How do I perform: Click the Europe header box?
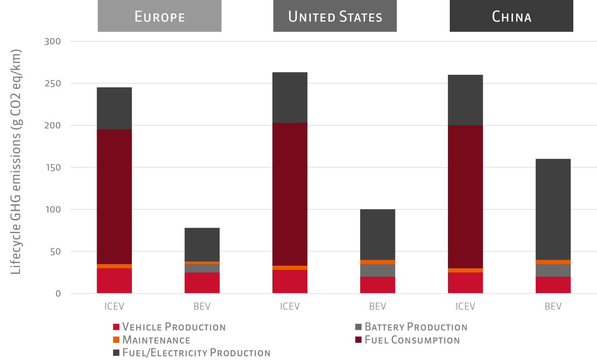pyautogui.click(x=159, y=17)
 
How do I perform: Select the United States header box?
pyautogui.click(x=335, y=17)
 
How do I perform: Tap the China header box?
pyautogui.click(x=511, y=17)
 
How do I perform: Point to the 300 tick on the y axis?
pyautogui.click(x=52, y=41)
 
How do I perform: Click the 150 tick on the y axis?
pyautogui.click(x=52, y=167)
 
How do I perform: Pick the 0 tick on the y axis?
pyautogui.click(x=58, y=294)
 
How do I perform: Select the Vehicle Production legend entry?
pyautogui.click(x=169, y=327)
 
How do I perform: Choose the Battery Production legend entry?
pyautogui.click(x=411, y=327)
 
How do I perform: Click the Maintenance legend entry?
pyautogui.click(x=152, y=340)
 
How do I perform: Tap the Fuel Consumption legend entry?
pyautogui.click(x=407, y=340)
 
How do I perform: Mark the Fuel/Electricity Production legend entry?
pyautogui.click(x=192, y=353)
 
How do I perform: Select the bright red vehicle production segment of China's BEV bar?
pyautogui.click(x=553, y=285)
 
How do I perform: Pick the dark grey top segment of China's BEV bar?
pyautogui.click(x=553, y=209)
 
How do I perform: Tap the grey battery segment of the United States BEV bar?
pyautogui.click(x=377, y=270)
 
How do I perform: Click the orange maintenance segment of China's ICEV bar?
pyautogui.click(x=465, y=270)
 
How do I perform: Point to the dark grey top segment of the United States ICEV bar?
pyautogui.click(x=290, y=98)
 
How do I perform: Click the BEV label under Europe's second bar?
pyautogui.click(x=202, y=307)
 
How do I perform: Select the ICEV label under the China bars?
pyautogui.click(x=465, y=307)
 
